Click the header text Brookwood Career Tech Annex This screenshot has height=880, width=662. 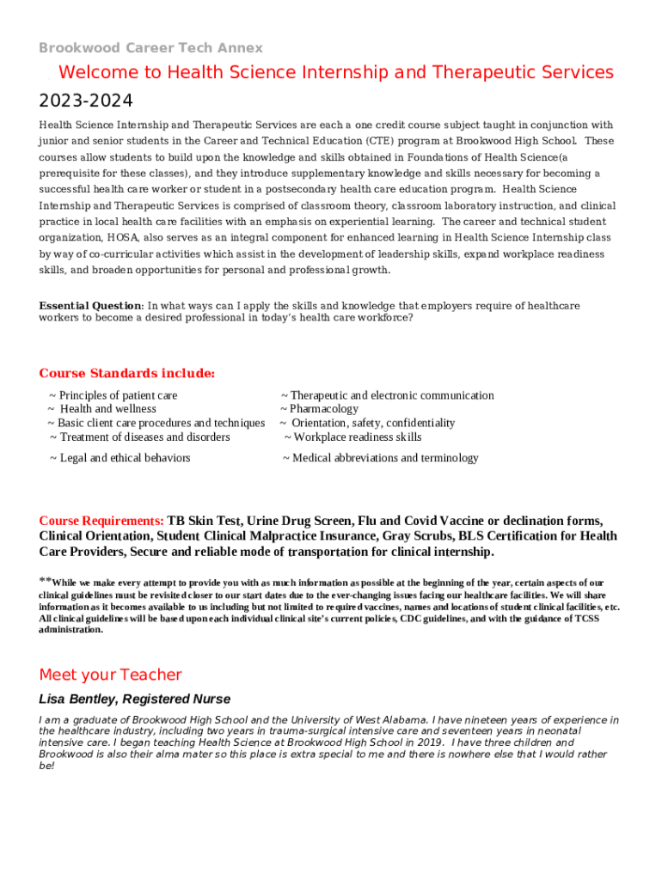[x=151, y=47]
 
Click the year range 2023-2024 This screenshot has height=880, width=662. [x=86, y=101]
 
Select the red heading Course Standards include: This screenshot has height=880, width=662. [x=127, y=373]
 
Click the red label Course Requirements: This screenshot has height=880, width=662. [x=101, y=521]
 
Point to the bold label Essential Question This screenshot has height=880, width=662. [x=90, y=306]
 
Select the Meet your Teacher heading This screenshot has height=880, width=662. [x=111, y=675]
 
